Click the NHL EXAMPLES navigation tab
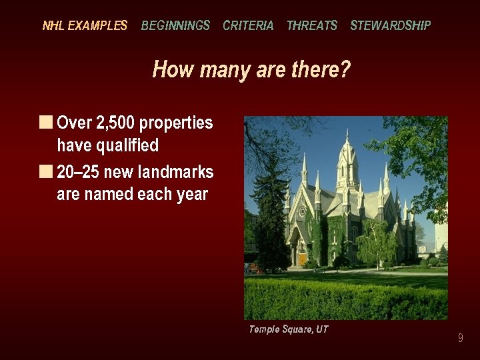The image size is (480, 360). click(85, 26)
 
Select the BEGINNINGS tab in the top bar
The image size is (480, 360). click(175, 26)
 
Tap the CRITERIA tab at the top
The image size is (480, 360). click(248, 26)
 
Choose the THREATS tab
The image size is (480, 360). click(312, 26)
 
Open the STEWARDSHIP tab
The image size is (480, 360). click(391, 26)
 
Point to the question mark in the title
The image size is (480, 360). click(345, 69)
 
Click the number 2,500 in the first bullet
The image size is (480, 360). click(114, 123)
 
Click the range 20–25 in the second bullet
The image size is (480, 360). click(79, 172)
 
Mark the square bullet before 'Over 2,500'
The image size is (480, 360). click(45, 123)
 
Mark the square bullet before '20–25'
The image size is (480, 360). click(45, 171)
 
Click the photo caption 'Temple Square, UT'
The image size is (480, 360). click(288, 329)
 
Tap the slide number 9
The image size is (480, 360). click(460, 339)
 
